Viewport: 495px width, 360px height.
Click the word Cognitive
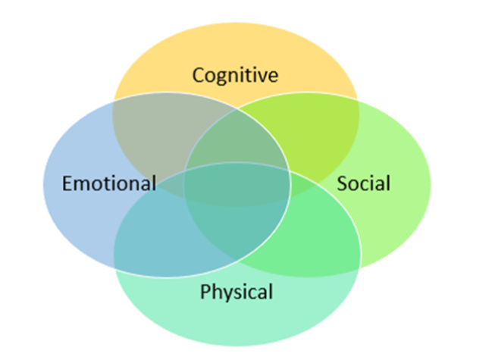(x=235, y=75)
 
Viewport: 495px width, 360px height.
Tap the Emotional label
(x=110, y=183)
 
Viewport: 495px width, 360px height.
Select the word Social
(x=363, y=183)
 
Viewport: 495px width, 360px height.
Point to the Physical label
(x=237, y=292)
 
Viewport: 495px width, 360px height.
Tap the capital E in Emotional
(x=67, y=183)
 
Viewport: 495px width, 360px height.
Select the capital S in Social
(x=343, y=183)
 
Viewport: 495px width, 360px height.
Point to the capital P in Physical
(x=205, y=292)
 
